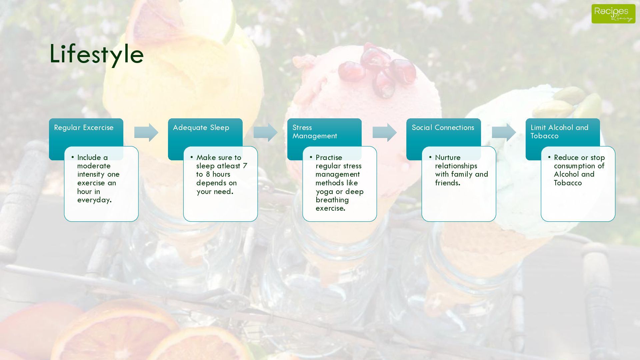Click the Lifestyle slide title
tap(97, 54)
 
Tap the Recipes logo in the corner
tap(613, 14)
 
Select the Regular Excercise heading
tap(84, 128)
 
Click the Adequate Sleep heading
tap(201, 128)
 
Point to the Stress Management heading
tap(315, 132)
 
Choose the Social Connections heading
tap(443, 128)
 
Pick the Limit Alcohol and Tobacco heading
tap(559, 132)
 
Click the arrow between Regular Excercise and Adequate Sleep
tap(146, 132)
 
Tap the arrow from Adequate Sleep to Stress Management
tap(265, 132)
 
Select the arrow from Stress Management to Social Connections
tap(385, 132)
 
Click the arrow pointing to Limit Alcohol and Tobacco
tap(504, 132)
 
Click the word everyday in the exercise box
tap(94, 200)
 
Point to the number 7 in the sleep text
tap(245, 166)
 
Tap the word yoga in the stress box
tap(324, 192)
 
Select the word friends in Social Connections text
tap(447, 183)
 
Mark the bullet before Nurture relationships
tap(430, 157)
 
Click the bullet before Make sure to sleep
tap(192, 157)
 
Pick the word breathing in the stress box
tap(332, 200)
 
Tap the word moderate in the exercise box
tap(94, 166)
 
